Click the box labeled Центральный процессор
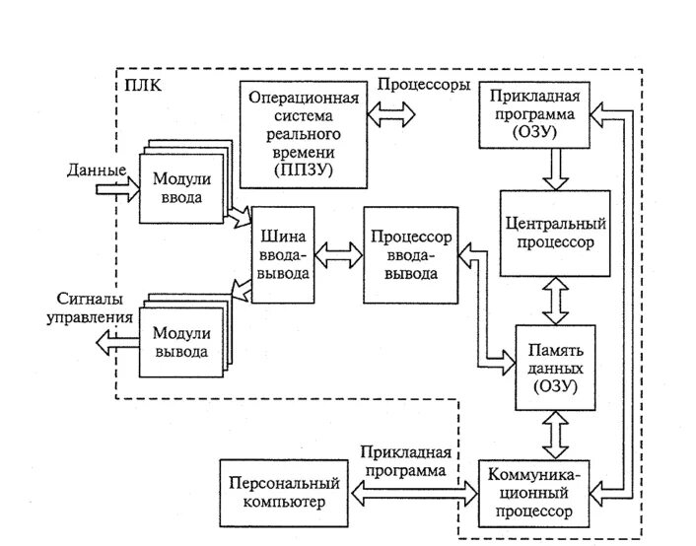point(555,234)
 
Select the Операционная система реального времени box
point(304,134)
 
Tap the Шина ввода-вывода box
point(283,255)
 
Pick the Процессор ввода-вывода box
point(410,255)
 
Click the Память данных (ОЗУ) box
point(555,368)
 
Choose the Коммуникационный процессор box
point(534,494)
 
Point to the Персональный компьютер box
point(284,493)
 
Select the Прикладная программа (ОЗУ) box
point(534,114)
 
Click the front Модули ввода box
point(181,188)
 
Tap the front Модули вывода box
point(181,343)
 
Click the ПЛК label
point(143,85)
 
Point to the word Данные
point(97,171)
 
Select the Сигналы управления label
point(90,308)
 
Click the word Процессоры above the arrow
point(424,85)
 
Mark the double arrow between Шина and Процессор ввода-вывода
point(339,255)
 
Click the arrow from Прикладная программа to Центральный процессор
point(556,170)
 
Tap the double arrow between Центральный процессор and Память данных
point(555,301)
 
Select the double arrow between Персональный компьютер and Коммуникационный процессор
point(414,493)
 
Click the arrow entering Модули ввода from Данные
point(118,189)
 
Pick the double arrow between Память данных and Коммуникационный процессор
point(555,436)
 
